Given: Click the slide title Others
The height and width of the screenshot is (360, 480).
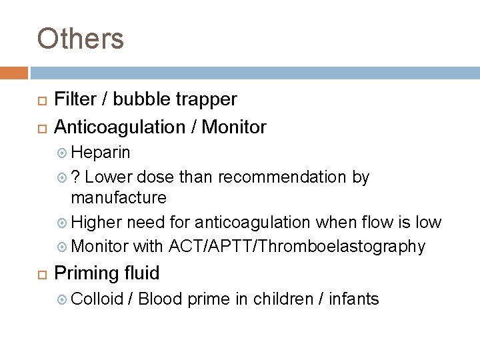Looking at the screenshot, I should [x=81, y=38].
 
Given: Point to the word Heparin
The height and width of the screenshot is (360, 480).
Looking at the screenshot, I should [x=101, y=152].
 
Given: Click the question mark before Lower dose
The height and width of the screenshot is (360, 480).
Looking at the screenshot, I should [x=76, y=177].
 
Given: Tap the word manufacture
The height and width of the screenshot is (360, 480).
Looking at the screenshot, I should [x=119, y=199].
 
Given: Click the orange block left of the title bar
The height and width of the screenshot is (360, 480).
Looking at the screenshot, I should [x=13, y=73].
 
